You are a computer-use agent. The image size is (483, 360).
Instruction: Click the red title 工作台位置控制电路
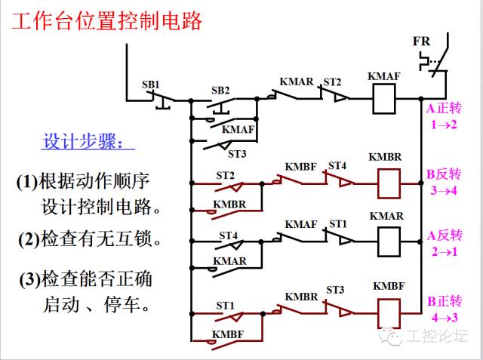[106, 21]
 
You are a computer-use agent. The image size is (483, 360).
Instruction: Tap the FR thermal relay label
[421, 42]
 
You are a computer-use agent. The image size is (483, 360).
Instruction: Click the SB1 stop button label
[151, 85]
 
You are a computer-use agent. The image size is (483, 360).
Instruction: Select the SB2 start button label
[220, 91]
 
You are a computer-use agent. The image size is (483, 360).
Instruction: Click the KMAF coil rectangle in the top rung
[384, 99]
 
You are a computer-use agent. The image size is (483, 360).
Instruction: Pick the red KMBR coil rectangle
[389, 183]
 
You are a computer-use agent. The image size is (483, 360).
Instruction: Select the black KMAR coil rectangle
[389, 242]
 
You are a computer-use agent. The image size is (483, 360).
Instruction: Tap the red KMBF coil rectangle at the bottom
[389, 313]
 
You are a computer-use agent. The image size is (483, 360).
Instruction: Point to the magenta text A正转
[444, 108]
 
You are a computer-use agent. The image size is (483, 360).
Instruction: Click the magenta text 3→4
[444, 191]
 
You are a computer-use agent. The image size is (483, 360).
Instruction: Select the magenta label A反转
[445, 235]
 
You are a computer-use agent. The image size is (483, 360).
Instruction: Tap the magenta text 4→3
[445, 317]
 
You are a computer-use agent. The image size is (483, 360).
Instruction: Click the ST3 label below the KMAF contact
[237, 154]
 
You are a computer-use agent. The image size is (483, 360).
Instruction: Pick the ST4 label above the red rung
[337, 166]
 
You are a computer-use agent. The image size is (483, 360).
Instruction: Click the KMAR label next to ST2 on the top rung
[297, 82]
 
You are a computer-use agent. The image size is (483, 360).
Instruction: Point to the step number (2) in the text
[29, 239]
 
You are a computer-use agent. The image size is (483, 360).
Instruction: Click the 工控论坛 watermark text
[437, 336]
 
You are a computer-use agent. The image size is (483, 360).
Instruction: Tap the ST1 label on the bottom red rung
[225, 306]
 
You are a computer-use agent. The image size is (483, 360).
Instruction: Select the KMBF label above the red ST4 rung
[300, 167]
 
